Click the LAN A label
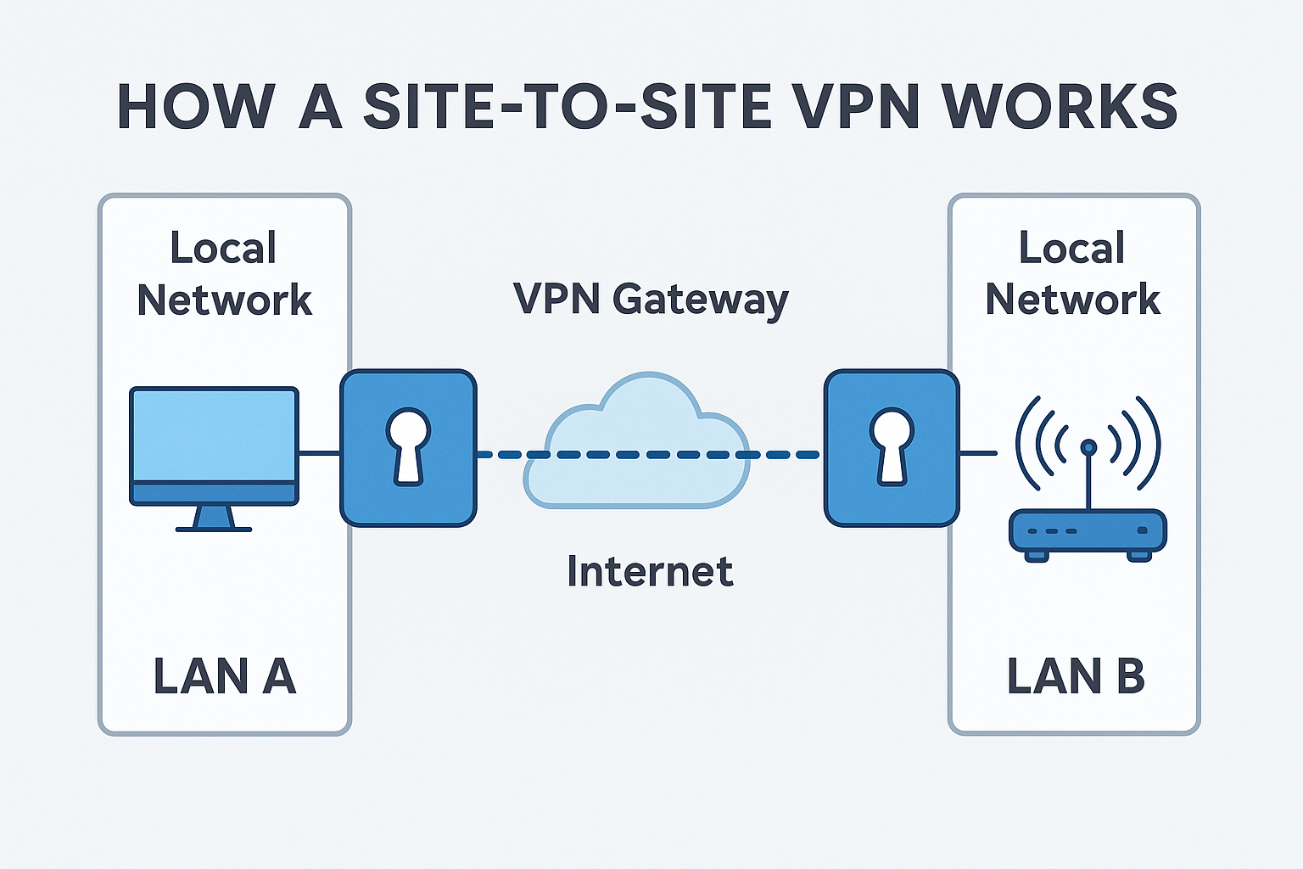coord(224,676)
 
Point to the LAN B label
coord(1075,676)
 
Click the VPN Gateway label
coord(651,300)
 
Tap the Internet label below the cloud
coord(650,571)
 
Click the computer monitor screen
coord(214,434)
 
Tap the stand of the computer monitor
coord(214,519)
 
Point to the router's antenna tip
coord(1088,447)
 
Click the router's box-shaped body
coord(1088,531)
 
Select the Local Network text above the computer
coord(224,274)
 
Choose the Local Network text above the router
coord(1072,274)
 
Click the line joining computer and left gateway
coord(320,453)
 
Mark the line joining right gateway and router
coord(978,453)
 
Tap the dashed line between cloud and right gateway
coord(785,455)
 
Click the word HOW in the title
coord(195,107)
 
